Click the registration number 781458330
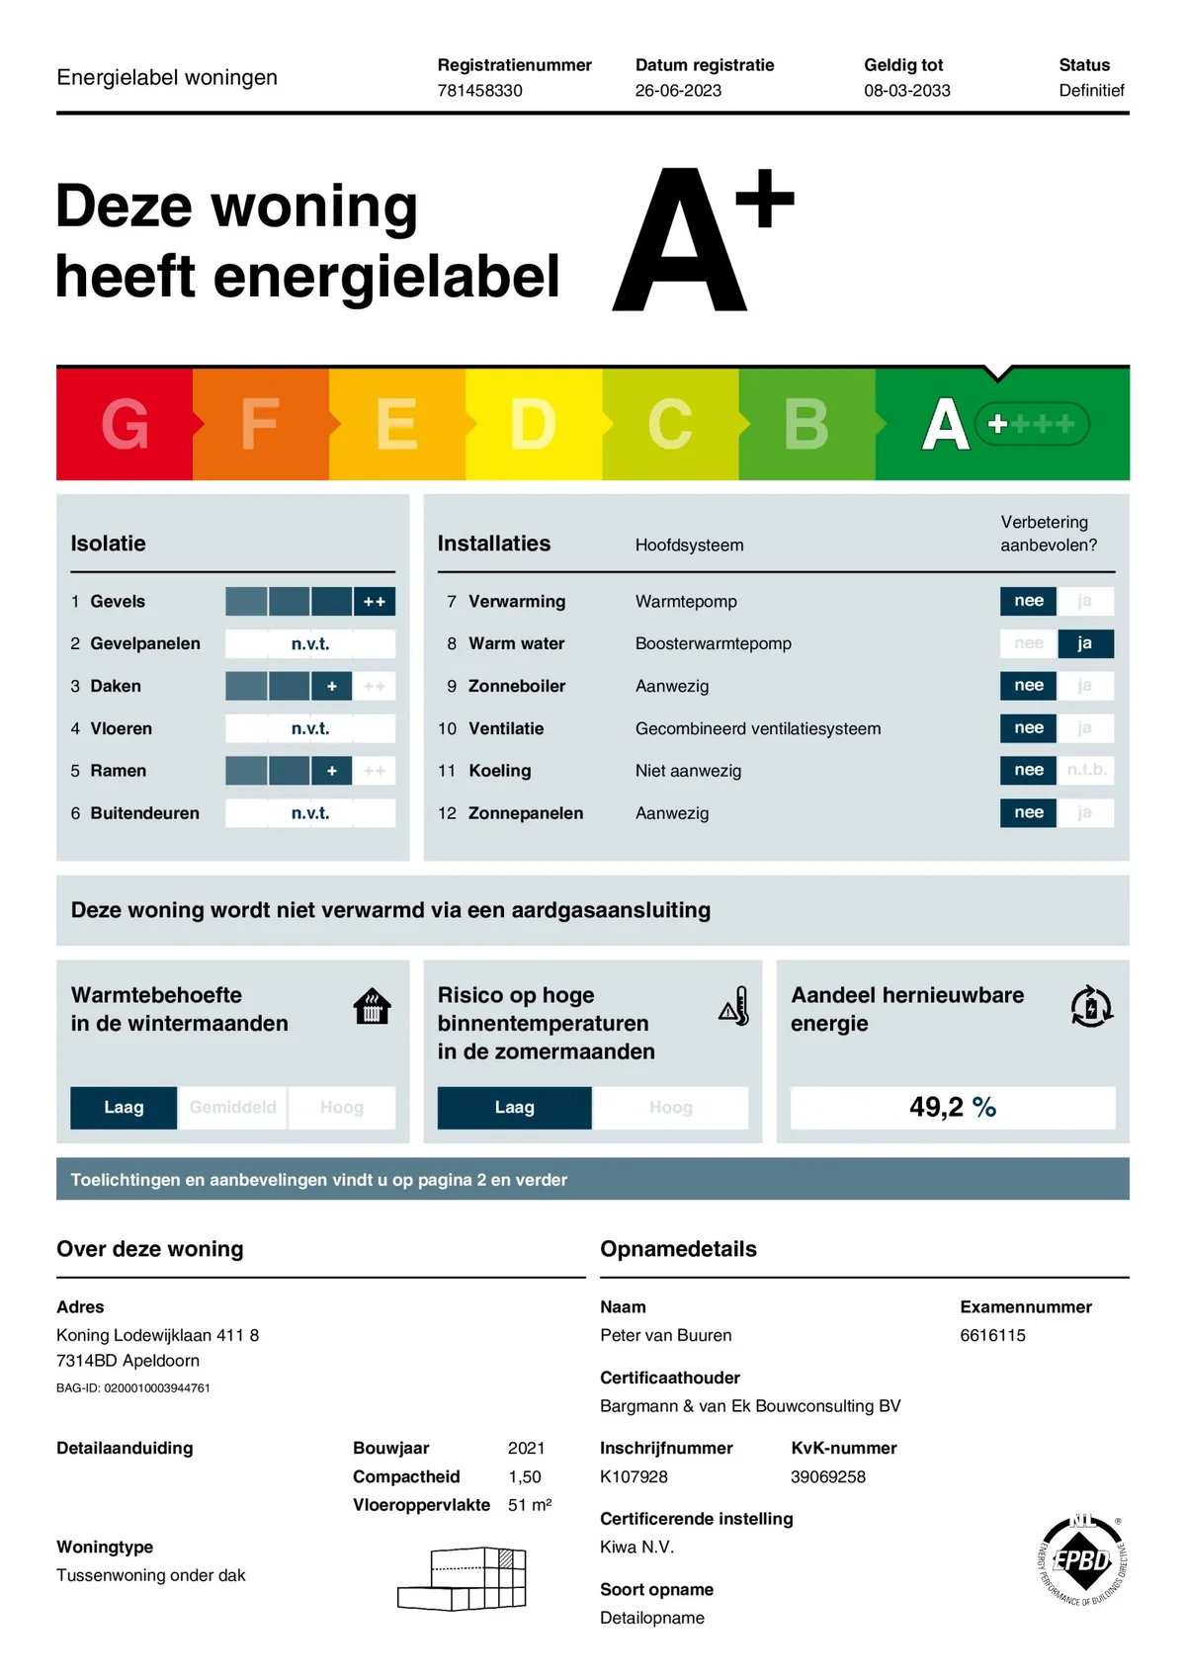(x=479, y=91)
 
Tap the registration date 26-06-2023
(x=678, y=91)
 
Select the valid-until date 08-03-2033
(x=906, y=91)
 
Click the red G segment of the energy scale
(x=125, y=424)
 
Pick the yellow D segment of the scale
(x=533, y=424)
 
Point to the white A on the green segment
(x=945, y=425)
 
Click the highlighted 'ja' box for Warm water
(x=1084, y=643)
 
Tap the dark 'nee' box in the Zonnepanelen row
(x=1028, y=812)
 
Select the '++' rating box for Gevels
(x=375, y=601)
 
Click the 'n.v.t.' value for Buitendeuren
(x=310, y=813)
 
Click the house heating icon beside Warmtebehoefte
(x=372, y=1007)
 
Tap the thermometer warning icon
(x=734, y=1006)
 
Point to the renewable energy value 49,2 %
(x=952, y=1107)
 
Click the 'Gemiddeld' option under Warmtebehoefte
(x=232, y=1108)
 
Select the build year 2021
(x=526, y=1448)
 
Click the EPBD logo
(x=1082, y=1559)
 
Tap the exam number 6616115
(x=992, y=1335)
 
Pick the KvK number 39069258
(x=827, y=1476)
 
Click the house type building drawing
(x=463, y=1578)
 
